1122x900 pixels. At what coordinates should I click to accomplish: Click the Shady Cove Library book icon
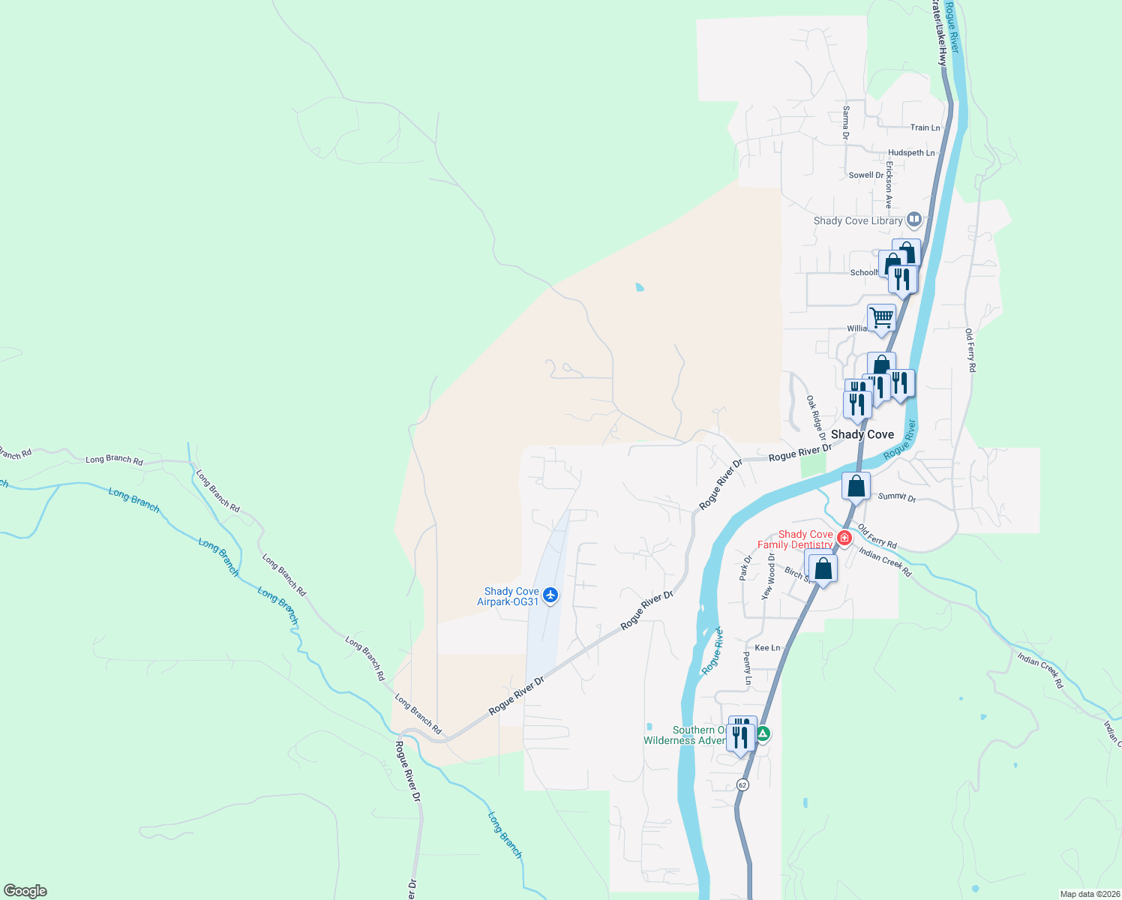[x=913, y=220]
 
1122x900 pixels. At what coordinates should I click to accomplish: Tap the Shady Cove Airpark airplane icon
[x=551, y=595]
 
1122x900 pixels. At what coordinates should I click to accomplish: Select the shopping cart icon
[x=881, y=317]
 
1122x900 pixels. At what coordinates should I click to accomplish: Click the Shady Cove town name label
[x=862, y=434]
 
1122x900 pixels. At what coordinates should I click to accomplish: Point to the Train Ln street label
[x=925, y=127]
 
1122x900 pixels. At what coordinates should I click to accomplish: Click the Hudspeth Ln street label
[x=911, y=152]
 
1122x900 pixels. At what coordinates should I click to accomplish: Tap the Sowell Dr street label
[x=866, y=175]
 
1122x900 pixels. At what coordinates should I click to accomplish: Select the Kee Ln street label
[x=767, y=647]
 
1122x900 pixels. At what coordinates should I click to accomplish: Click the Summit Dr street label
[x=897, y=496]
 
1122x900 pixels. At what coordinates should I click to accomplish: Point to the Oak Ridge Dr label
[x=816, y=418]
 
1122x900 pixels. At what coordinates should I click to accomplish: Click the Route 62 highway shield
[x=742, y=784]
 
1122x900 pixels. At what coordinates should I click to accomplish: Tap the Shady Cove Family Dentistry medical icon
[x=844, y=538]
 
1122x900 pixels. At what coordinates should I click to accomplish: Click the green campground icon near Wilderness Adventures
[x=763, y=734]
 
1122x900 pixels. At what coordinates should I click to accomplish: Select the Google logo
[x=25, y=891]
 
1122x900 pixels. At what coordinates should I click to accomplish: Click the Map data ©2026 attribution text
[x=1089, y=894]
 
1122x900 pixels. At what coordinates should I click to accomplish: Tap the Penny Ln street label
[x=748, y=668]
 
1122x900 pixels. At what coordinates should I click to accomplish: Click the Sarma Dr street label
[x=846, y=122]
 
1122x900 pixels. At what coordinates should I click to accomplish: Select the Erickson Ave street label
[x=889, y=184]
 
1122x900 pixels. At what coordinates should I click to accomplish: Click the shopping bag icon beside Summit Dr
[x=856, y=487]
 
